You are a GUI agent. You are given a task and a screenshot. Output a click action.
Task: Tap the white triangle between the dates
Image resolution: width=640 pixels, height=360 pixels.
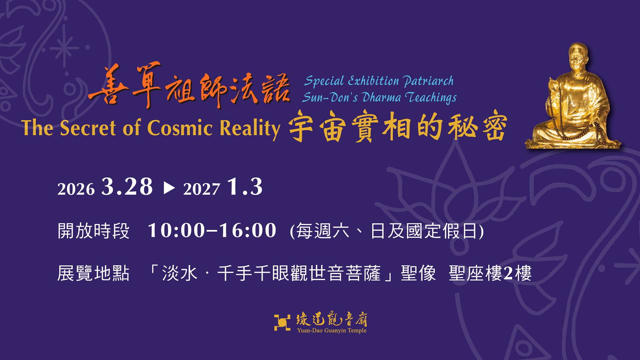(x=169, y=188)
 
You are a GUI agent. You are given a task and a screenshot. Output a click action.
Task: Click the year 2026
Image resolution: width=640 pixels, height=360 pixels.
(x=76, y=189)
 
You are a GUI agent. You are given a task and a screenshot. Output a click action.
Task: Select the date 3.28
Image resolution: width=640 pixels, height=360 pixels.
(x=127, y=186)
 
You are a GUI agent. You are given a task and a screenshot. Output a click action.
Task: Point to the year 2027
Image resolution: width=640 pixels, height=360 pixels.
(x=201, y=189)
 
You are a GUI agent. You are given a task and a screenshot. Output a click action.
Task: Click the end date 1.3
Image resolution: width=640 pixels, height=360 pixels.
(x=245, y=186)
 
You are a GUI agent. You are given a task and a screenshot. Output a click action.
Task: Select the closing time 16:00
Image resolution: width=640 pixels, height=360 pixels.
(x=247, y=230)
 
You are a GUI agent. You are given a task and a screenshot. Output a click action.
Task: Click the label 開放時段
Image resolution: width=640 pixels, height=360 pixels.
(x=93, y=231)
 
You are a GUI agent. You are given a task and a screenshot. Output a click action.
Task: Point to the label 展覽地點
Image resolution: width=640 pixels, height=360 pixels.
(x=93, y=273)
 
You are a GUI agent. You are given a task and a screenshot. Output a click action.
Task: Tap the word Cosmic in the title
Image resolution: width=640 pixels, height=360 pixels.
(x=180, y=128)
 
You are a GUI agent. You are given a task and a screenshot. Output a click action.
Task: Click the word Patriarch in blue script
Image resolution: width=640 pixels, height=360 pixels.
(x=428, y=81)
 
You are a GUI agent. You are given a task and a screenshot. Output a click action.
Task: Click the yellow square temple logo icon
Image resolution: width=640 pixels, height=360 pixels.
(x=282, y=322)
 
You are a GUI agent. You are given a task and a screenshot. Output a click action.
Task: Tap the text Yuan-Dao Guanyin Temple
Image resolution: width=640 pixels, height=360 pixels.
(x=332, y=330)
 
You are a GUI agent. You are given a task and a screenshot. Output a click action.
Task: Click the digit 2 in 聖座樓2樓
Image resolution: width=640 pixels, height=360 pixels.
(x=508, y=273)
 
